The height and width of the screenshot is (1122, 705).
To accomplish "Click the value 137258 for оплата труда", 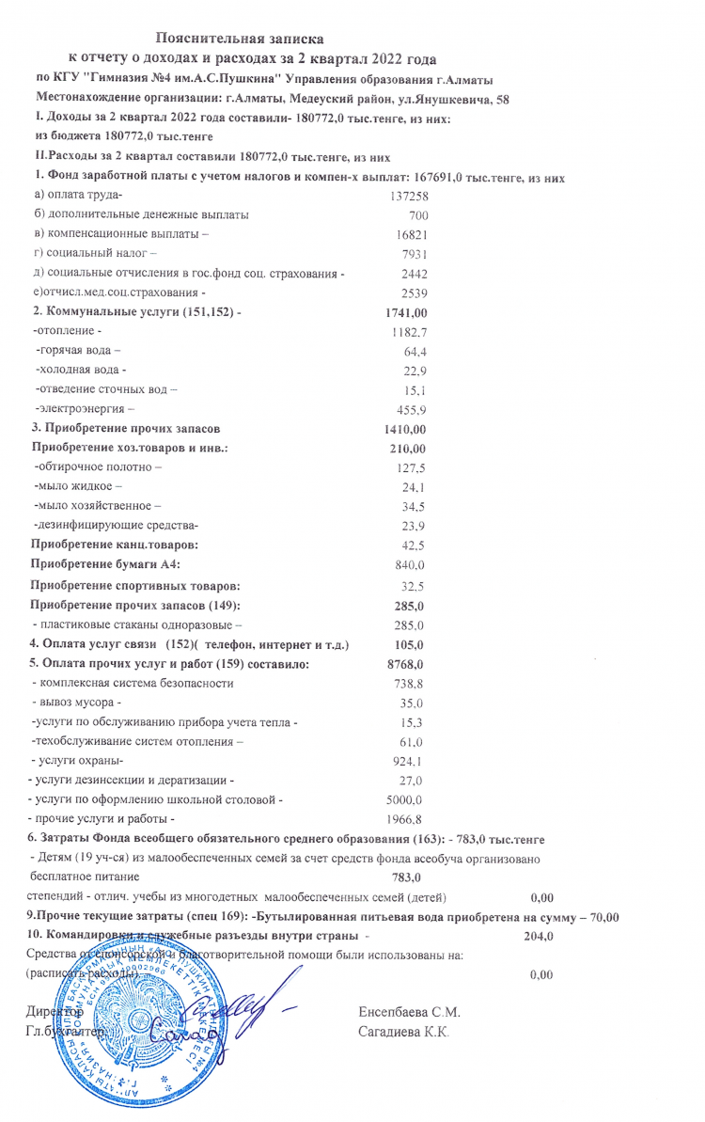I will point(408,196).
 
